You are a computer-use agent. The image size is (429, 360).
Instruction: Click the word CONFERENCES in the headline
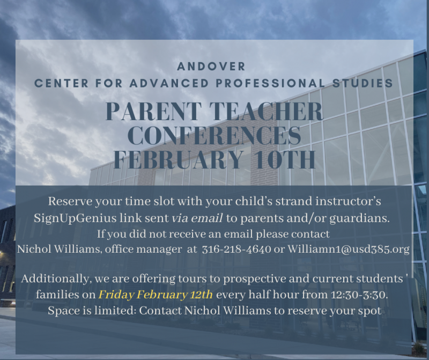[214, 136]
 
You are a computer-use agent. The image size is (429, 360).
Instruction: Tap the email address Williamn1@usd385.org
[349, 249]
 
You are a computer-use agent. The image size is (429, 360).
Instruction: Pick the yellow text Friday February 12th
[156, 295]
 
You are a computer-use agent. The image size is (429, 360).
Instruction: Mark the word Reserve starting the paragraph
[67, 202]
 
